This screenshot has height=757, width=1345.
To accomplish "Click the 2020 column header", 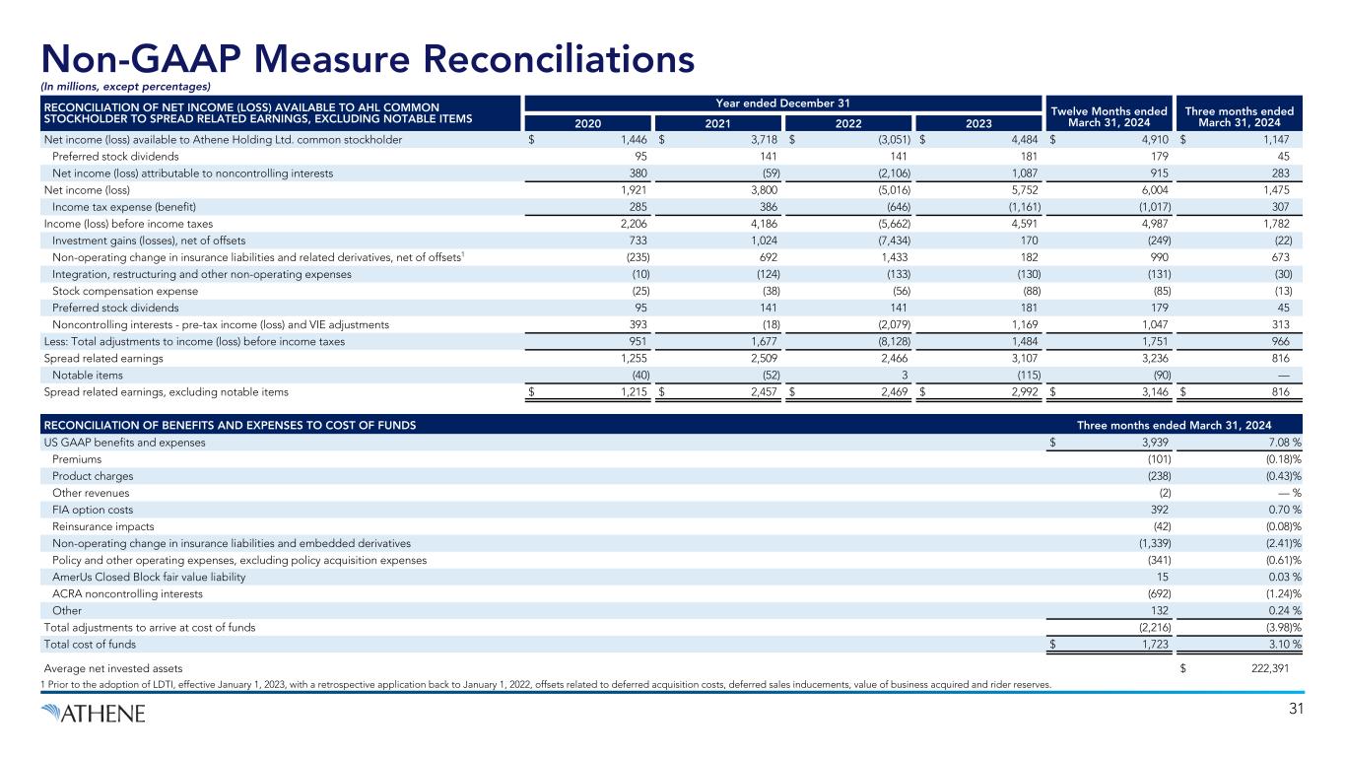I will point(585,123).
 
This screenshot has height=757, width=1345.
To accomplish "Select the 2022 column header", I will point(846,123).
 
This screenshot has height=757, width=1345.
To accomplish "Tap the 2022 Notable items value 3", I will point(906,376).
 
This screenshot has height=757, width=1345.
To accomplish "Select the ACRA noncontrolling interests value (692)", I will point(1155,594).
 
